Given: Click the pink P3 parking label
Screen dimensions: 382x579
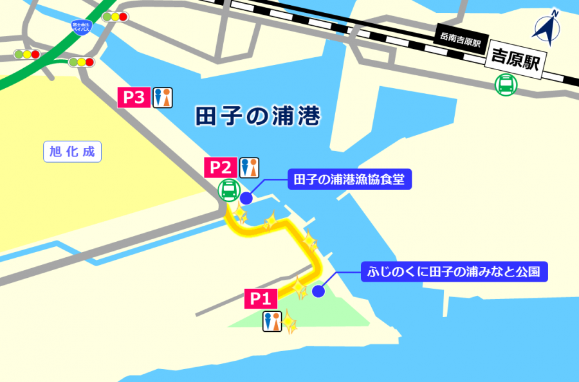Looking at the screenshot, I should (x=134, y=98).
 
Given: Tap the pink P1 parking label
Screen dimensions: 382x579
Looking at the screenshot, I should (x=261, y=298).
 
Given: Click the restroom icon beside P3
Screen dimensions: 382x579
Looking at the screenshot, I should (x=163, y=98).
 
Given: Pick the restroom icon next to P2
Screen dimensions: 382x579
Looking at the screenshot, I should (x=249, y=167).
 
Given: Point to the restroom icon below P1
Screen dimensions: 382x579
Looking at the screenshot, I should (x=272, y=322).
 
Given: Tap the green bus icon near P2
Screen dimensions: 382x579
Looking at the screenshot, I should (x=228, y=190).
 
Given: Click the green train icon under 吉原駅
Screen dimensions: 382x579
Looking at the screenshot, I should (x=506, y=85).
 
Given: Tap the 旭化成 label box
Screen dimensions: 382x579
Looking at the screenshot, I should (x=72, y=152).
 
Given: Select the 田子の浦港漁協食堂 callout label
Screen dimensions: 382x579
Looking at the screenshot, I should (x=349, y=179).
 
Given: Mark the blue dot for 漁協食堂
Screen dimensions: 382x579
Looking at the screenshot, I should (x=246, y=198).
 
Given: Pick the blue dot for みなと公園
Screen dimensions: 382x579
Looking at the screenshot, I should (x=318, y=291).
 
